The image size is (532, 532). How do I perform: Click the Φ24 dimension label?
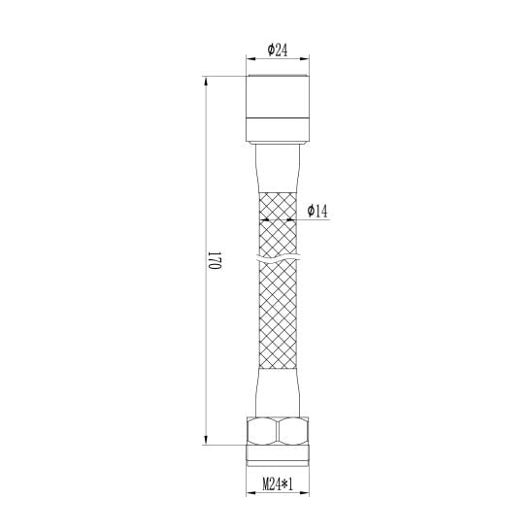tap(278, 50)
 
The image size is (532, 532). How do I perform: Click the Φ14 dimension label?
tap(317, 211)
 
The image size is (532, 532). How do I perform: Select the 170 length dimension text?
tap(215, 260)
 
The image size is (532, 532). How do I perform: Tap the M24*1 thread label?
tap(278, 484)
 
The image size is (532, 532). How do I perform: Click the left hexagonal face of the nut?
tap(262, 431)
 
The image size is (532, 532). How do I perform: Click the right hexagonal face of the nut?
tap(293, 431)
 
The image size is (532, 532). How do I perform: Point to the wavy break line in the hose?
tap(278, 258)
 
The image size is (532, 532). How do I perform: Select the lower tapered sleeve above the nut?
tap(278, 393)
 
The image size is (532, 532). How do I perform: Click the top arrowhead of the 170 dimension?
tap(205, 81)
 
